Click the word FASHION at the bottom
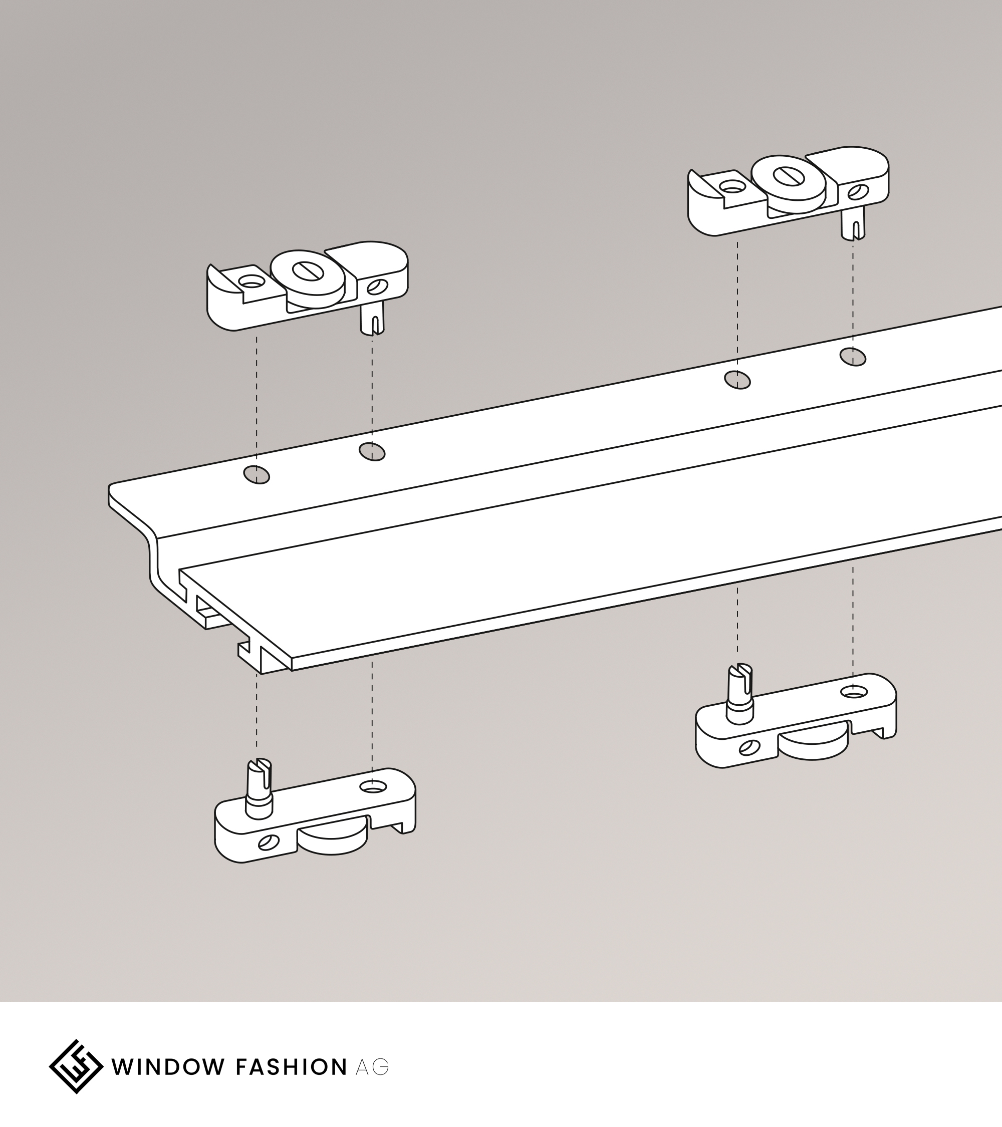291,1067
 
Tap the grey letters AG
372,1067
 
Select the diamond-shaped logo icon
76,1066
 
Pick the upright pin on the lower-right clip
739,693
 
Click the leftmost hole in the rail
257,474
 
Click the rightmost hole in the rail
853,357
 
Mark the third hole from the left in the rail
737,380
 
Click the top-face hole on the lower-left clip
372,786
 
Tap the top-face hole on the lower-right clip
853,692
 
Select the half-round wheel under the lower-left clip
333,843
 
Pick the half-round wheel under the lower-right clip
814,748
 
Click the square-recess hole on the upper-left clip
252,283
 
